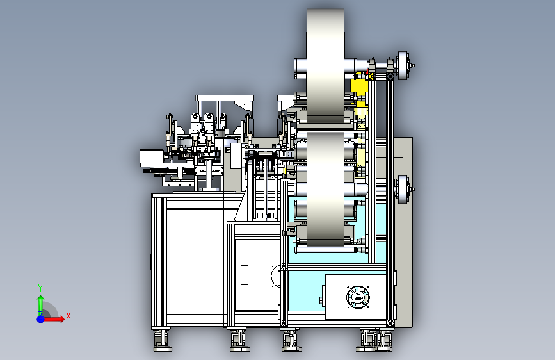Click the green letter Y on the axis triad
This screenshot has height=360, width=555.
40,288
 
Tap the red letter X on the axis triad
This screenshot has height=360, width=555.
68,316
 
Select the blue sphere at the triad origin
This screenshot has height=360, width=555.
41,319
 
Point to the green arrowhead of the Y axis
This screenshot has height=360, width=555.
41,299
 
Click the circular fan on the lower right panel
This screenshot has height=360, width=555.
358,297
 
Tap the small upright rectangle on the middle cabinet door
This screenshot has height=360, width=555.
245,275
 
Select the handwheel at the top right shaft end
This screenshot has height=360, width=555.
403,65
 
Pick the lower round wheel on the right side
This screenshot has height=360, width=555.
403,189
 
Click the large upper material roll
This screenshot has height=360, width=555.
325,65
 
